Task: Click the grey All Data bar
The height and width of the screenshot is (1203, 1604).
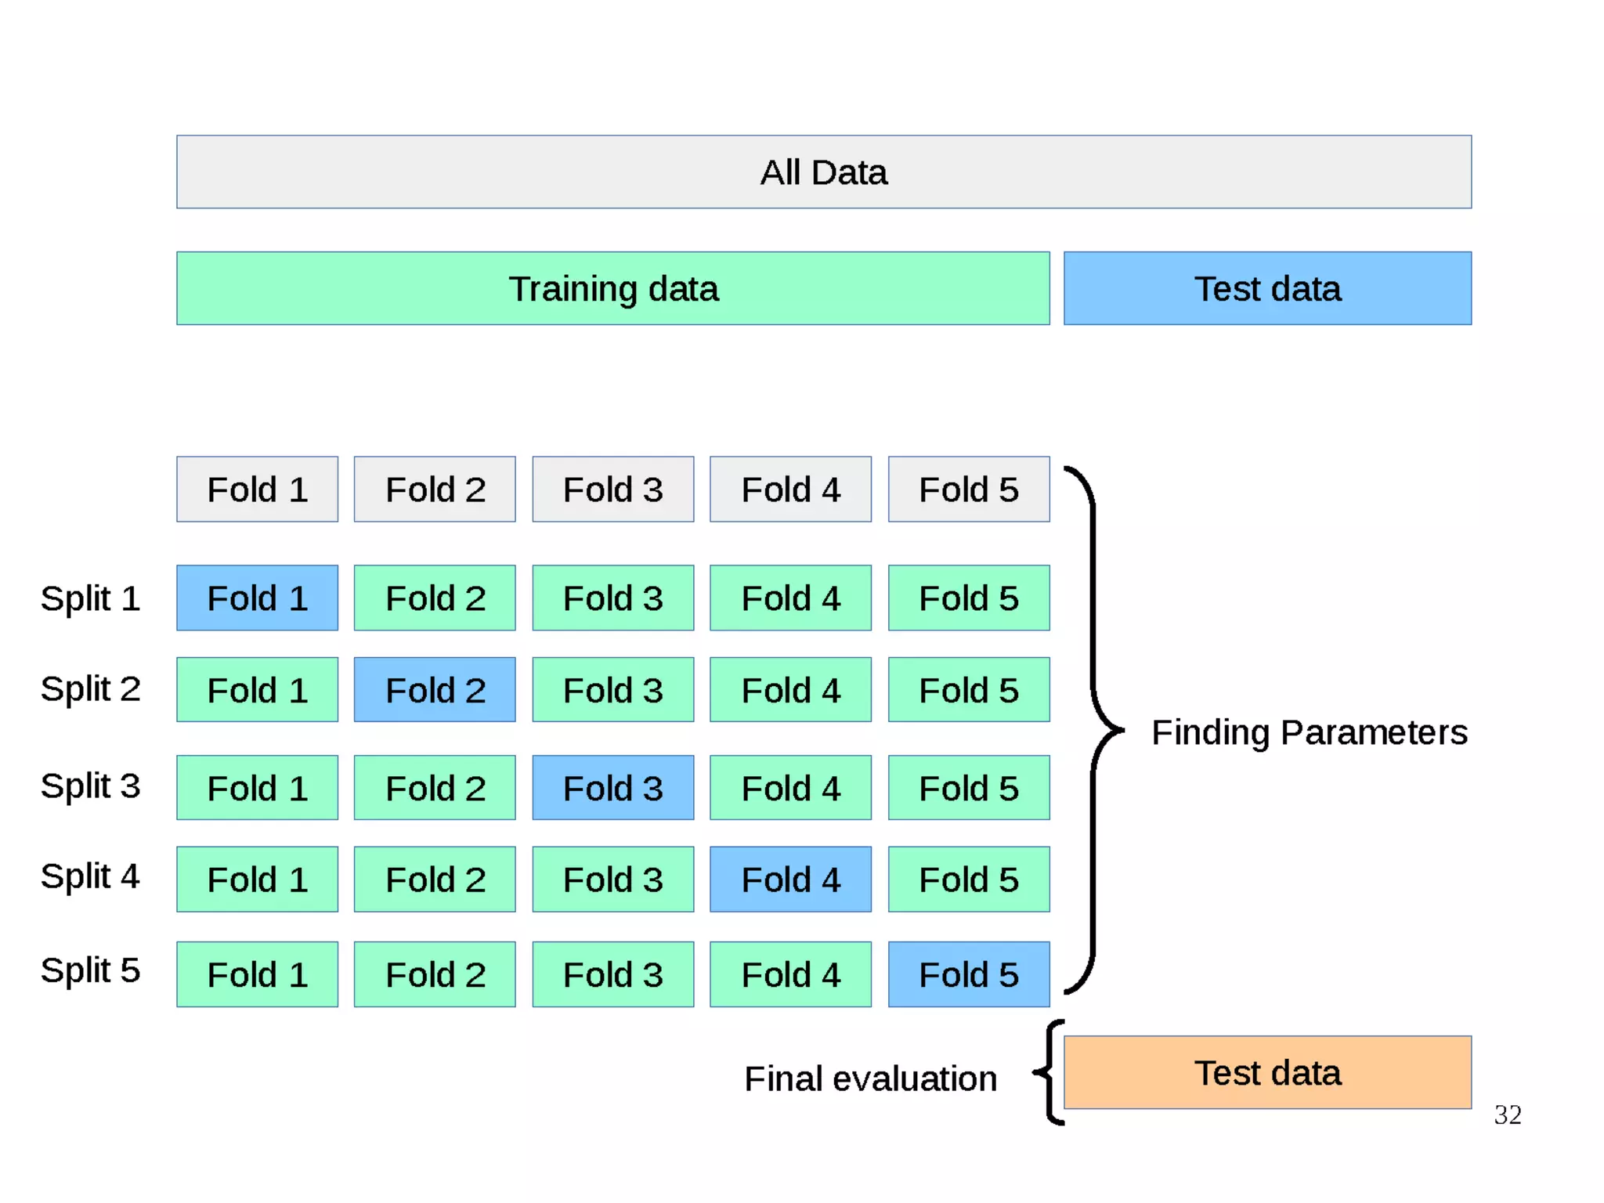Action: pyautogui.click(x=823, y=172)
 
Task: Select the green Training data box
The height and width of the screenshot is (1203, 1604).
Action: pyautogui.click(x=612, y=288)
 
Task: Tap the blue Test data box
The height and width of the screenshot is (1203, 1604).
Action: pyautogui.click(x=1266, y=288)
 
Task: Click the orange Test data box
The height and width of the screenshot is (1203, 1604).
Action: pyautogui.click(x=1266, y=1072)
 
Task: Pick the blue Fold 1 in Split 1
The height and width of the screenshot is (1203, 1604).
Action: pyautogui.click(x=257, y=598)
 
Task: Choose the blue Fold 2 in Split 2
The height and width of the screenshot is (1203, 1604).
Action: pyautogui.click(x=435, y=689)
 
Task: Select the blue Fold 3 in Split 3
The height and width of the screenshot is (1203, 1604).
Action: pyautogui.click(x=612, y=787)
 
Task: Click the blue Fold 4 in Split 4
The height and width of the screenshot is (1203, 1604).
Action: pyautogui.click(x=790, y=879)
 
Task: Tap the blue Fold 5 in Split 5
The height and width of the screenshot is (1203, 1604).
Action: pyautogui.click(x=968, y=974)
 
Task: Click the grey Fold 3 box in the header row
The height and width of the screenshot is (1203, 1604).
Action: pyautogui.click(x=612, y=489)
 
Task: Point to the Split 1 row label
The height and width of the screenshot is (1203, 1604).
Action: pyautogui.click(x=90, y=598)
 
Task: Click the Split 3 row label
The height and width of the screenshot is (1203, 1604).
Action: pyautogui.click(x=90, y=786)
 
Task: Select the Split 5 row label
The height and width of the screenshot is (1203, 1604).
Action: pyautogui.click(x=90, y=970)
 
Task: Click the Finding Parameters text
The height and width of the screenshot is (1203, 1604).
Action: pyautogui.click(x=1309, y=732)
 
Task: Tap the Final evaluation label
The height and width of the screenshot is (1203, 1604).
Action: pyautogui.click(x=870, y=1078)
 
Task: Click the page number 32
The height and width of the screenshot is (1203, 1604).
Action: pyautogui.click(x=1507, y=1114)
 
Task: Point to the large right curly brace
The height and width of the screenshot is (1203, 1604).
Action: pyautogui.click(x=1093, y=730)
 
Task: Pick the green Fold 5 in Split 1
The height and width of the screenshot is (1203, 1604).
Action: pyautogui.click(x=968, y=598)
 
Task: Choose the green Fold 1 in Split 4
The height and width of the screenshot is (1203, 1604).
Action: pyautogui.click(x=257, y=879)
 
